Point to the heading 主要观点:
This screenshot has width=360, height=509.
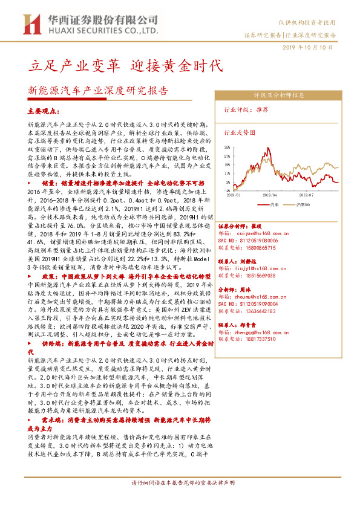(x=45, y=112)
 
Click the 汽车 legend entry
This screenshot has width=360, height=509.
(x=274, y=205)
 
